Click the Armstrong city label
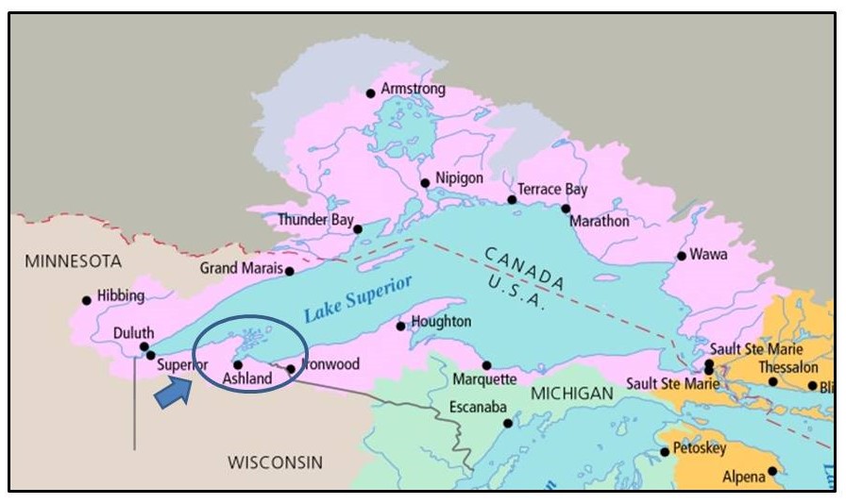coord(413,90)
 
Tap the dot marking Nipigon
coord(425,183)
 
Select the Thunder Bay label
coord(314,220)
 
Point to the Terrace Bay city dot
coord(512,199)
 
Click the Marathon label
coord(599,222)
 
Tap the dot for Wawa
coord(681,256)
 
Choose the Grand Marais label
coord(241,269)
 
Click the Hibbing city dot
coord(87,300)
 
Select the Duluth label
coord(133,332)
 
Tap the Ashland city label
coord(247,379)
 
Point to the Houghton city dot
coord(401,326)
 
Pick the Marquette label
coord(484,380)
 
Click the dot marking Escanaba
coord(508,423)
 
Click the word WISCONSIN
coord(276,462)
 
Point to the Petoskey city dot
coord(665,451)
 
